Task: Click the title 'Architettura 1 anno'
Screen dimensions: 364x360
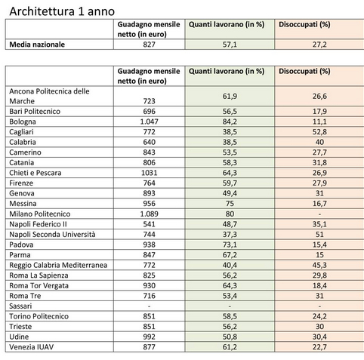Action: (x=62, y=11)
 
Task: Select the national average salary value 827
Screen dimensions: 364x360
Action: (x=149, y=45)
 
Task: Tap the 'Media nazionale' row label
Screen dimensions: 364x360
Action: (x=37, y=45)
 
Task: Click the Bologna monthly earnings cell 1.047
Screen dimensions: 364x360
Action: (x=149, y=122)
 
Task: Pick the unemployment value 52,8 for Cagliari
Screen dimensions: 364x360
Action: (x=319, y=132)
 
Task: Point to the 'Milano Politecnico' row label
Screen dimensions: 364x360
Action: (x=40, y=214)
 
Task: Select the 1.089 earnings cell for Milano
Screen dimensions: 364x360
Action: (x=149, y=214)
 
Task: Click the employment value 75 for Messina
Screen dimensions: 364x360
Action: (x=230, y=204)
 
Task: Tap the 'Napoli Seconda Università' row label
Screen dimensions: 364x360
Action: (x=52, y=235)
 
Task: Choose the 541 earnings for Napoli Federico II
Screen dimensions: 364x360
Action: (x=149, y=224)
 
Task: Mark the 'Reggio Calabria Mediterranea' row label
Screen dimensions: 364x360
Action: (x=58, y=265)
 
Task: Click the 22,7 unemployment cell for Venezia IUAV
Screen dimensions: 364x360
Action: (x=319, y=347)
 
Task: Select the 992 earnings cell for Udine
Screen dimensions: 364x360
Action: (x=149, y=337)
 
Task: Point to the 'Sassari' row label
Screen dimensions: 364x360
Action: (x=20, y=306)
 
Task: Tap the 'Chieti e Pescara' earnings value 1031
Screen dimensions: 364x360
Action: (x=149, y=173)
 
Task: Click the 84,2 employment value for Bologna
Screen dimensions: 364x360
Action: (x=230, y=122)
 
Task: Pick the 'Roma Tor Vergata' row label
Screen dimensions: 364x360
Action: (x=39, y=286)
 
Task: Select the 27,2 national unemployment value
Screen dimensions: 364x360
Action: (x=319, y=45)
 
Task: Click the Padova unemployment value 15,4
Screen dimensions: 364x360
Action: (x=319, y=245)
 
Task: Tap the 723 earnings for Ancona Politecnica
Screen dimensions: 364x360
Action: (x=149, y=101)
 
